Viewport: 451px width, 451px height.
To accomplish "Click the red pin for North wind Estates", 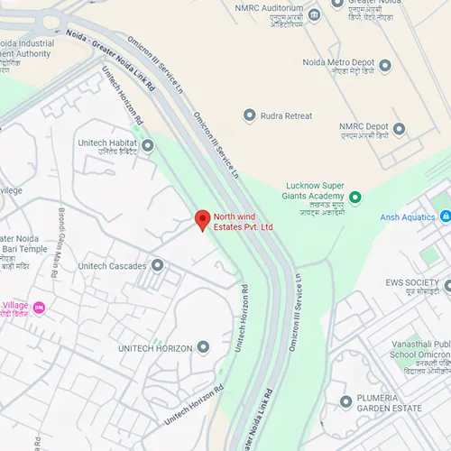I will point(202,219).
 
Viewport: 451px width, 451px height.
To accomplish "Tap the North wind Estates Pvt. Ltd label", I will point(242,222).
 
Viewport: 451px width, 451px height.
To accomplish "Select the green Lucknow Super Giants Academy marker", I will point(355,197).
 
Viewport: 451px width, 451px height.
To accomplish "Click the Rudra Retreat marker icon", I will point(250,115).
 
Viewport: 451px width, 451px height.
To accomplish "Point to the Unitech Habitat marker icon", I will point(147,144).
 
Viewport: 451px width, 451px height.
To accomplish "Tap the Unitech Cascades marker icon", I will point(157,265).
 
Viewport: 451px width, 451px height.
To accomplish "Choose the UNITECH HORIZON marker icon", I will point(203,347).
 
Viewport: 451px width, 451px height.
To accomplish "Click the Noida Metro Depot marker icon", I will point(385,66).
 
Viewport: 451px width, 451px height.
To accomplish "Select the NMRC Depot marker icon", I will point(383,128).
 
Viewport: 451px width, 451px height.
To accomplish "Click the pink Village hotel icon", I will point(39,308).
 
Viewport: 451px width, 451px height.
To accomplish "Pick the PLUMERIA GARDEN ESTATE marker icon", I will point(345,401).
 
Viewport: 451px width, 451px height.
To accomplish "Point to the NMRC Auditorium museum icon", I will point(314,14).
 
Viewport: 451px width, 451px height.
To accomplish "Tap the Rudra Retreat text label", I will point(286,115).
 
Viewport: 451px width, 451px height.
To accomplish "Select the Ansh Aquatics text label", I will point(407,216).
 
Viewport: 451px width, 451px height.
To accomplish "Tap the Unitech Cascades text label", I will point(112,266).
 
